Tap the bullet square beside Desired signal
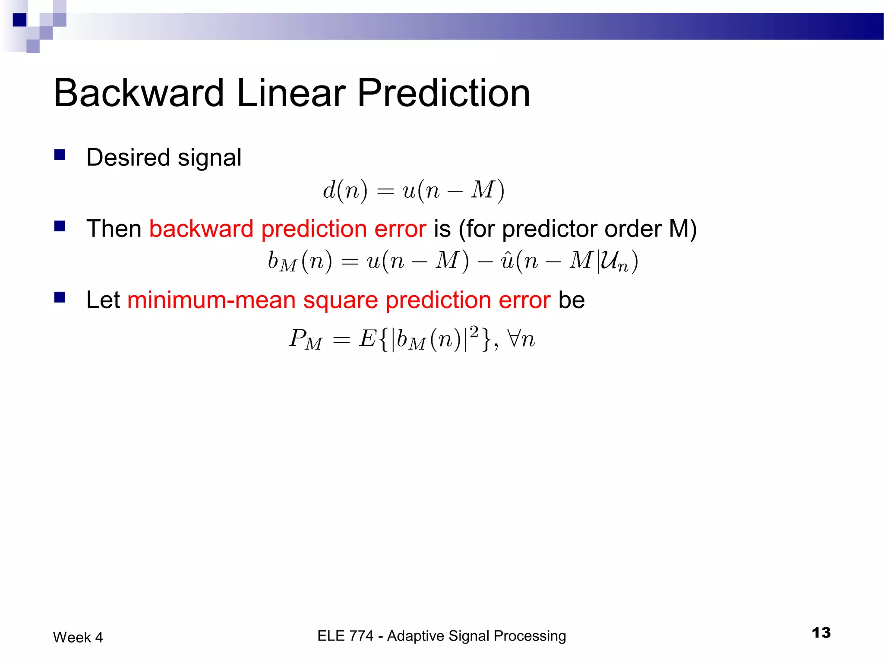click(60, 155)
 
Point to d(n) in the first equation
click(345, 190)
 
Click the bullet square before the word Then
click(60, 226)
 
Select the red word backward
click(201, 229)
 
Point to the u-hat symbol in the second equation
click(506, 261)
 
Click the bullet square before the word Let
click(60, 297)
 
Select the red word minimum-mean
click(212, 300)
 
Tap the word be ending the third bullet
click(571, 300)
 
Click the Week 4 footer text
click(78, 638)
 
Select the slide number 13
click(821, 633)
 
